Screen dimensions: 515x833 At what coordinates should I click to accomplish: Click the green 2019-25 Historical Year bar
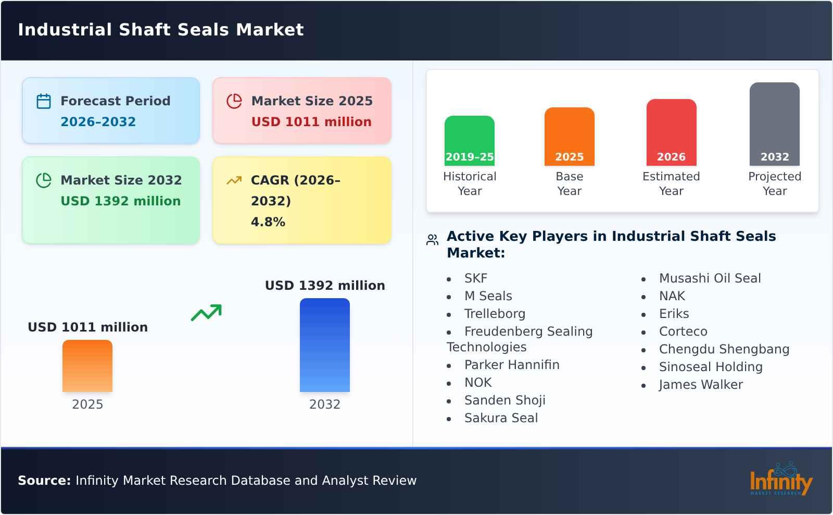click(469, 141)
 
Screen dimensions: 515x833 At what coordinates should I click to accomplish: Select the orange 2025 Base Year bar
click(569, 137)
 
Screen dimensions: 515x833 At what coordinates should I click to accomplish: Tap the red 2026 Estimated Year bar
click(671, 132)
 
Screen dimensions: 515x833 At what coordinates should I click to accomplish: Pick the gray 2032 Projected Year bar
click(774, 124)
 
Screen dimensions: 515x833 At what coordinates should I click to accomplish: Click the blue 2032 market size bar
click(324, 345)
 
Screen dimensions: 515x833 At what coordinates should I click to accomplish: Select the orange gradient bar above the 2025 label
click(87, 366)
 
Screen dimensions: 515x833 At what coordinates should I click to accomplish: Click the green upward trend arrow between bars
click(206, 313)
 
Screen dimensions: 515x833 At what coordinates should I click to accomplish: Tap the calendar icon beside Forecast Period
click(44, 101)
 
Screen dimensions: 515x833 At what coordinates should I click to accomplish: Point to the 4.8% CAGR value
click(268, 222)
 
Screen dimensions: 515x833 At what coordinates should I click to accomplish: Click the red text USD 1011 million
click(311, 122)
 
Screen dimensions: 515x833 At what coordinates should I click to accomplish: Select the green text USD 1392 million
click(121, 201)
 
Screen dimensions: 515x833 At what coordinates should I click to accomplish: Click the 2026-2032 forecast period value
click(98, 122)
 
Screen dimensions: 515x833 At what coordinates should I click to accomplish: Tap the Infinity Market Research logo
click(780, 480)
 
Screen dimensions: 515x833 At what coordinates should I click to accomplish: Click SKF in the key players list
click(475, 278)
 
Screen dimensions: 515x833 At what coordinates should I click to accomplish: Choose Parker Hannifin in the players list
click(511, 365)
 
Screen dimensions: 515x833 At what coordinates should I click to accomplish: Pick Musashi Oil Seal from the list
click(710, 278)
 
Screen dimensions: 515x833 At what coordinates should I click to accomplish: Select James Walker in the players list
click(700, 385)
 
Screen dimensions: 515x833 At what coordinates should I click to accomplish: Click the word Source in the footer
click(44, 481)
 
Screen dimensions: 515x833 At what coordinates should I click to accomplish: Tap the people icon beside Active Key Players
click(432, 240)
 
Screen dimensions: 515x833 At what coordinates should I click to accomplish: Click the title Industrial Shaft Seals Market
click(161, 30)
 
